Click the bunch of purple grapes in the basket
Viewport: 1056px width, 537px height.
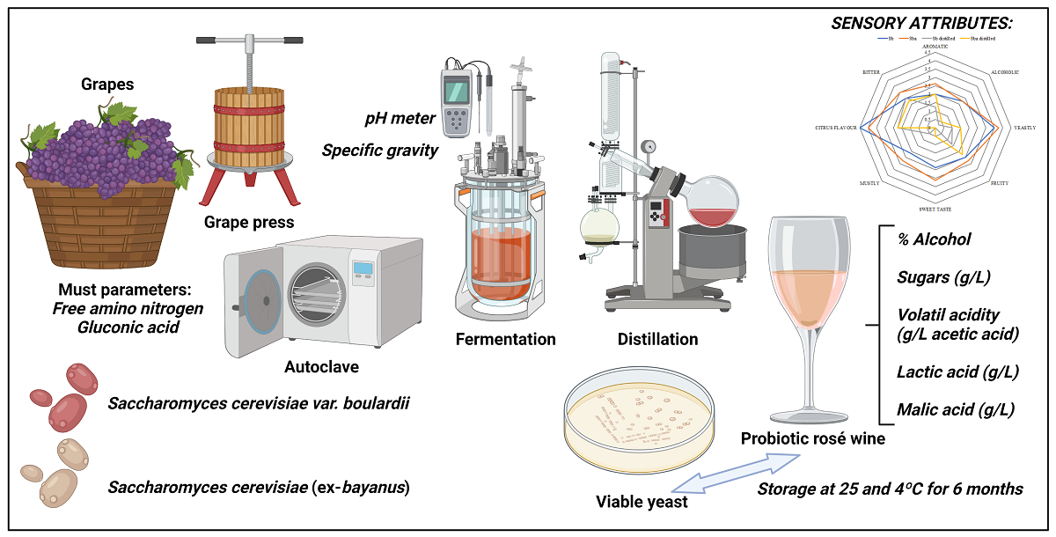click(106, 150)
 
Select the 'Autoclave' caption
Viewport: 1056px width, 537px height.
click(322, 365)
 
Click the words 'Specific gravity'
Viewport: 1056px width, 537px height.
click(379, 150)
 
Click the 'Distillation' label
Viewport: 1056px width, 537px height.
click(657, 339)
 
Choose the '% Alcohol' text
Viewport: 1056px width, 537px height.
click(934, 239)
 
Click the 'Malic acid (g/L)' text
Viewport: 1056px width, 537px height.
click(956, 409)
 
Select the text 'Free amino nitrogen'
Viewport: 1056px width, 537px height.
click(128, 308)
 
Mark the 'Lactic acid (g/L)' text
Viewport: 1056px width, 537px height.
click(957, 371)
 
